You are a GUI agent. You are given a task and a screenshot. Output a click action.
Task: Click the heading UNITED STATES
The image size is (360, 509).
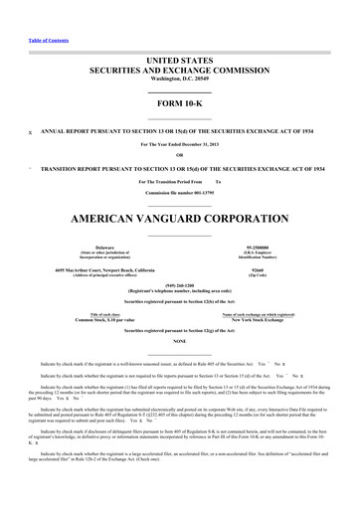click(x=180, y=61)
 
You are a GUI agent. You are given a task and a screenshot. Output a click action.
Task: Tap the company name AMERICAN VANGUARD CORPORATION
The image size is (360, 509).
click(x=180, y=216)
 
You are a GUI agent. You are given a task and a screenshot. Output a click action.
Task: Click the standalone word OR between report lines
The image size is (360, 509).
click(x=180, y=154)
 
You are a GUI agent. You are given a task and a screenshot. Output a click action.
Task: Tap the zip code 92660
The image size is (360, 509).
click(x=263, y=269)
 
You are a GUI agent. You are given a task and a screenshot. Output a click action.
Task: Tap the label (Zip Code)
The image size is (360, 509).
click(x=263, y=275)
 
